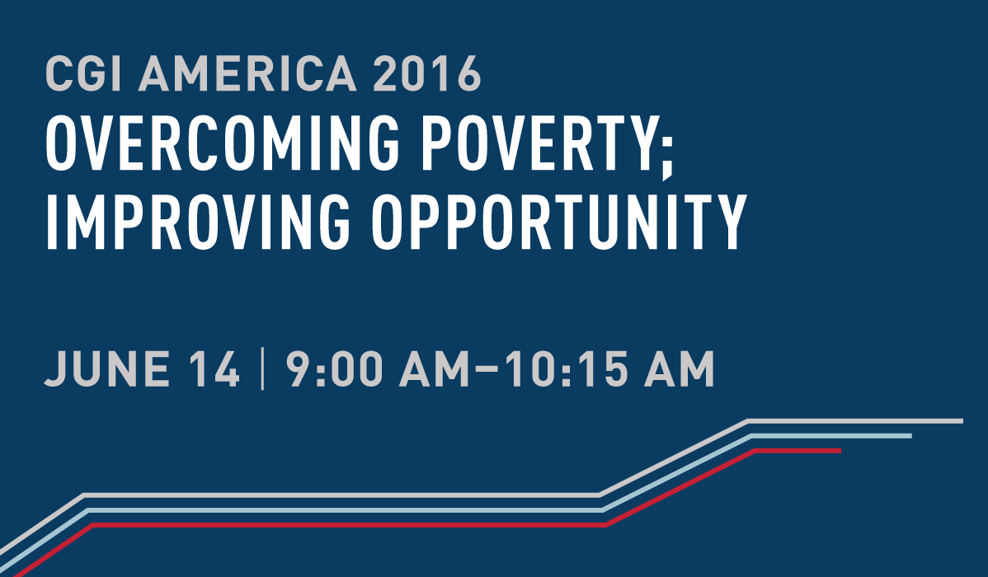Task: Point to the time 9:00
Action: pyautogui.click(x=334, y=368)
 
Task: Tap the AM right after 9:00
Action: pyautogui.click(x=431, y=368)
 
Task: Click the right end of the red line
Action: pyautogui.click(x=839, y=450)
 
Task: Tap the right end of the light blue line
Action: pyautogui.click(x=910, y=436)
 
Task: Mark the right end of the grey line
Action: pyautogui.click(x=961, y=421)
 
